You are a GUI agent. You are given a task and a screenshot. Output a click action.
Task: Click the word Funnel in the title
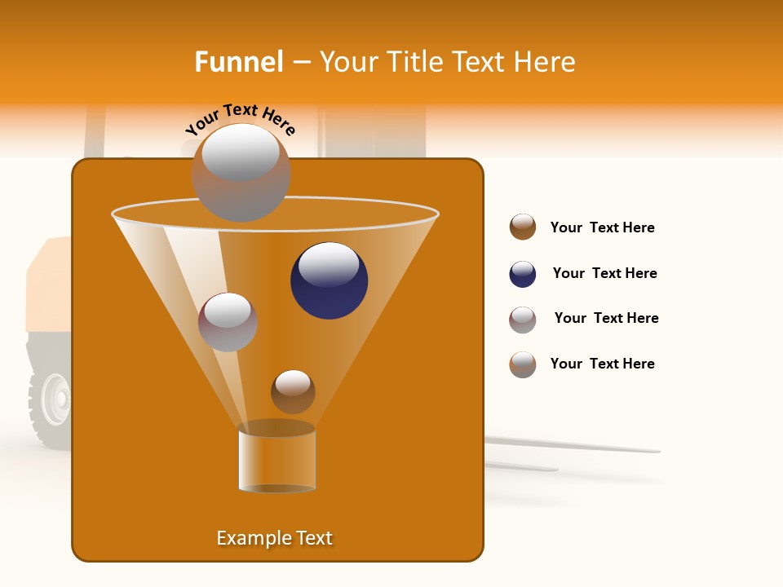tap(238, 62)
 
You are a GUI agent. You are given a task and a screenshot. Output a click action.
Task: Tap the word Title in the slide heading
tap(414, 62)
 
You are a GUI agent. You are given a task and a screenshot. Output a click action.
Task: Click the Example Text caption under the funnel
tap(275, 538)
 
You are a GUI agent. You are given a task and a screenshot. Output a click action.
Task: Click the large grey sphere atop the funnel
tap(241, 172)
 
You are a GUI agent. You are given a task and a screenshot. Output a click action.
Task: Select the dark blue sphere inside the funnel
tap(330, 280)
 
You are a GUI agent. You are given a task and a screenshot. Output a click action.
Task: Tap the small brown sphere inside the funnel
tap(293, 391)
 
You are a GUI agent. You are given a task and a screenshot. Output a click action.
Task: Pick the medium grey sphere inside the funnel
tap(228, 322)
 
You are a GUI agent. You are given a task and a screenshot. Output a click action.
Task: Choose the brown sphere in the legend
tap(523, 227)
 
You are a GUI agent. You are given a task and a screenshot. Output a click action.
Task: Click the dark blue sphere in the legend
tap(523, 274)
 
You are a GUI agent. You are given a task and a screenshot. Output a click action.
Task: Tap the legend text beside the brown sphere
tap(602, 227)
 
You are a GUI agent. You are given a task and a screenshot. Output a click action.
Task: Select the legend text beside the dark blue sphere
tap(604, 273)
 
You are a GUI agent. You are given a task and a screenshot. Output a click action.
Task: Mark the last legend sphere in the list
tap(523, 364)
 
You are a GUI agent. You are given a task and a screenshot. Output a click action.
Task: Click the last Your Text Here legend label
tap(602, 364)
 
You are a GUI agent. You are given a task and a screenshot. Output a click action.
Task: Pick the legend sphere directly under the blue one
tap(523, 320)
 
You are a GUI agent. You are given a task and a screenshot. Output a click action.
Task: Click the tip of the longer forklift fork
tap(657, 450)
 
